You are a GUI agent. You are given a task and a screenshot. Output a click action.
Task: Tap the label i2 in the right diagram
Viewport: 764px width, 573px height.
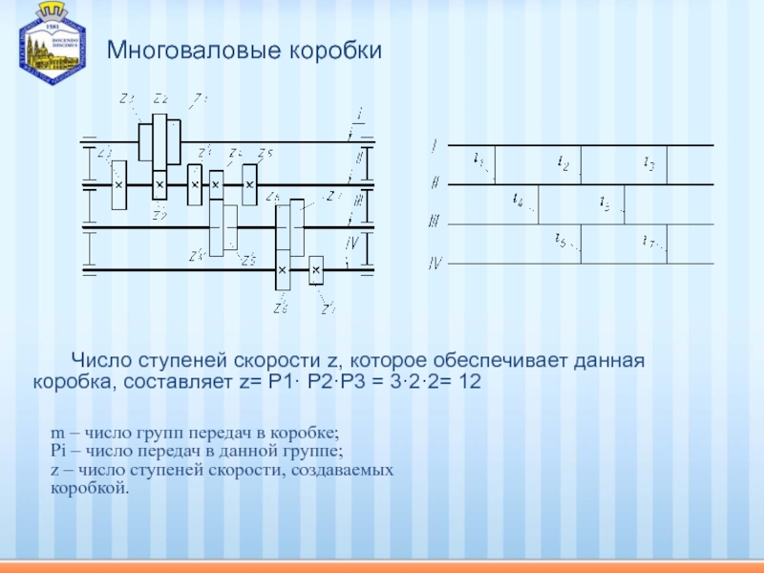click(x=562, y=165)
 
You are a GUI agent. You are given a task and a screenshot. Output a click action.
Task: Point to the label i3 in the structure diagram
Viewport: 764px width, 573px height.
click(x=648, y=164)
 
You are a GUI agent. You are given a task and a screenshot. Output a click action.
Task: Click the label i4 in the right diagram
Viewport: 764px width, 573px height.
click(x=518, y=201)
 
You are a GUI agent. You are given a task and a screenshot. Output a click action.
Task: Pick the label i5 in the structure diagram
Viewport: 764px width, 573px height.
click(x=605, y=202)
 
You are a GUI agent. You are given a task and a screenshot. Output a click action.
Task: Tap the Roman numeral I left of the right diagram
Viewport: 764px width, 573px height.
click(x=435, y=146)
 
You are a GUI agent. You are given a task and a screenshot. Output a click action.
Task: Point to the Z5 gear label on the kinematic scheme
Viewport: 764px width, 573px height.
click(x=265, y=154)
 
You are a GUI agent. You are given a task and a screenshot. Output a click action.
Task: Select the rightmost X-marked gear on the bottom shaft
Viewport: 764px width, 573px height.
click(x=316, y=273)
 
